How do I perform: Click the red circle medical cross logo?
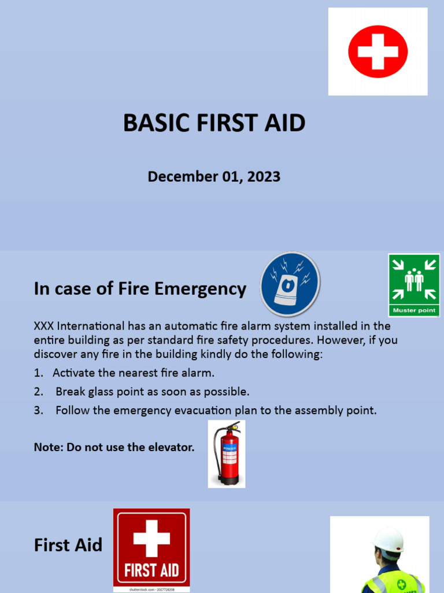point(378,51)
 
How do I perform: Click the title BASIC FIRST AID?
point(214,123)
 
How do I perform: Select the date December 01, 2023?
point(214,177)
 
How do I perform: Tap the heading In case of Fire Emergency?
point(140,288)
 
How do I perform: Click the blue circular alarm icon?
point(290,284)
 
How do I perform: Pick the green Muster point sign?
point(414,285)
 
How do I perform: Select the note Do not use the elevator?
point(114,447)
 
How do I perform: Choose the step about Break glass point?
point(152,391)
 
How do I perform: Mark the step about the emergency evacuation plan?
point(216,411)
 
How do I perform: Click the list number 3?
point(38,411)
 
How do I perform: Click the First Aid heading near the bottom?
point(68,545)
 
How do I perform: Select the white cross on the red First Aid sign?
point(151,538)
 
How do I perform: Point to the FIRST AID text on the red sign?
point(151,570)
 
